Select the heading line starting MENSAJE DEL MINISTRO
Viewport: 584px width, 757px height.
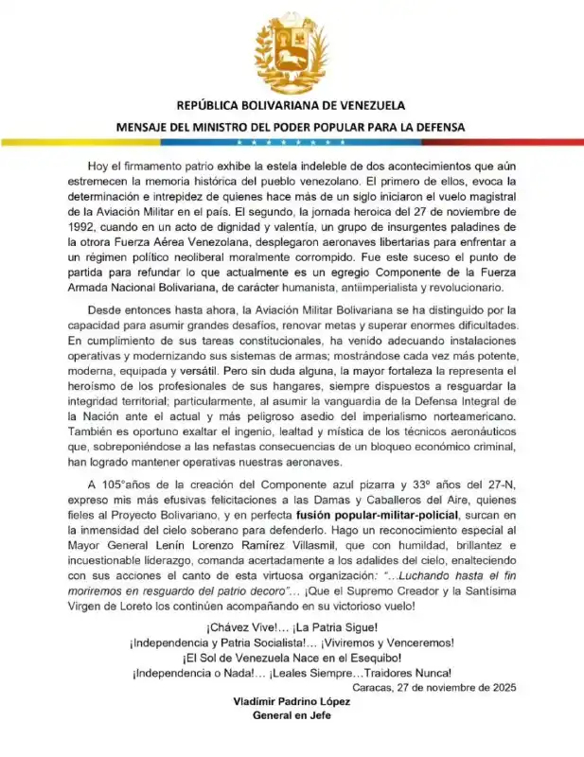pos(291,125)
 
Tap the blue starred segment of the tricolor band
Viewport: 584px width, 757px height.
pos(291,142)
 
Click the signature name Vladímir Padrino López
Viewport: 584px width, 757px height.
pos(292,702)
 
